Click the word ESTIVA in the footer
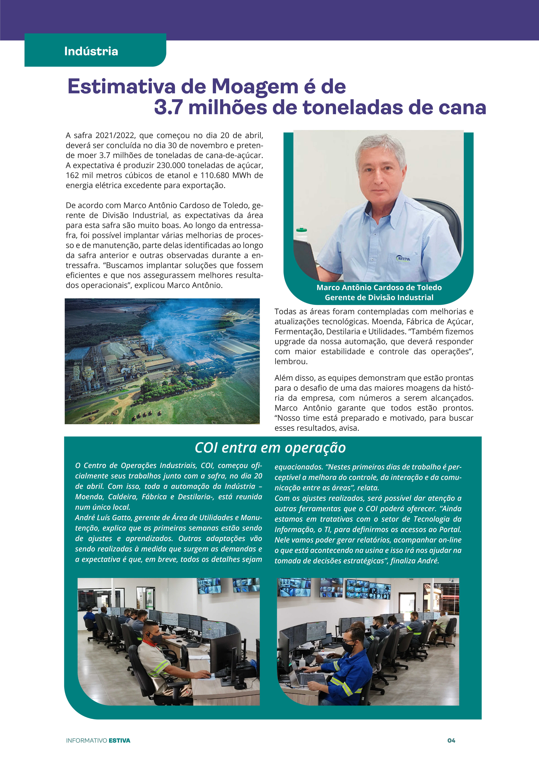tap(119, 740)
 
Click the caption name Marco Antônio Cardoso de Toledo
tap(379, 287)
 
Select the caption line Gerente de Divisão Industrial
tap(379, 298)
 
